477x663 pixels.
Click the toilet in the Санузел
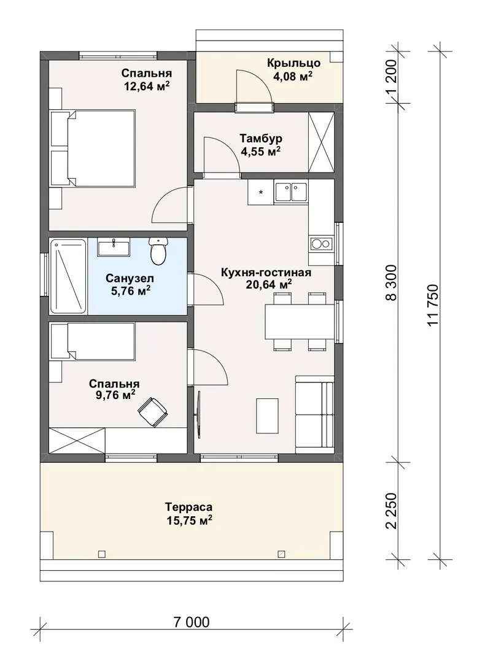(158, 251)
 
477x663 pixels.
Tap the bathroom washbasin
(114, 247)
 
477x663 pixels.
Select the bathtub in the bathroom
(68, 276)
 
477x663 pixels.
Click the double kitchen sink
(291, 191)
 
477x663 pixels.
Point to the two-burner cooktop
(321, 243)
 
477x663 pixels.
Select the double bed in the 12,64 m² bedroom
(93, 147)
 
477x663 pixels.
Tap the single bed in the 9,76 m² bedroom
(93, 341)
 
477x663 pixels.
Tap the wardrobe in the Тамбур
(322, 142)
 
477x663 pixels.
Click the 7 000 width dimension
(191, 622)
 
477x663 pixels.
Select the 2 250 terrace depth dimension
(392, 510)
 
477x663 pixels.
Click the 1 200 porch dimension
(392, 77)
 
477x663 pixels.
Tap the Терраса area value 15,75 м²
(189, 520)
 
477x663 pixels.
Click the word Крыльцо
(293, 63)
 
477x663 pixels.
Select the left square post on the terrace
(101, 554)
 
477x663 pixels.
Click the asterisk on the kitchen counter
(261, 193)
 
